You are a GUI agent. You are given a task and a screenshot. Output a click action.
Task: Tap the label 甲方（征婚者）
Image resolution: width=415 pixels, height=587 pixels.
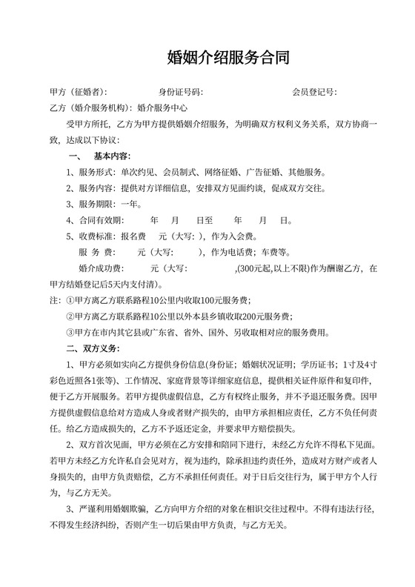point(77,93)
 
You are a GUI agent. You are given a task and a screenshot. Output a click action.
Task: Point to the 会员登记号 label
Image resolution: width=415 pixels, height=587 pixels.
point(314,93)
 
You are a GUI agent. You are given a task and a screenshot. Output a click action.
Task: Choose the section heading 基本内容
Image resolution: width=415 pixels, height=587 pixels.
point(112,156)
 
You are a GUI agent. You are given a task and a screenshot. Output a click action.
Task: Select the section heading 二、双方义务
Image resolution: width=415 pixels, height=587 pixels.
point(92,348)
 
